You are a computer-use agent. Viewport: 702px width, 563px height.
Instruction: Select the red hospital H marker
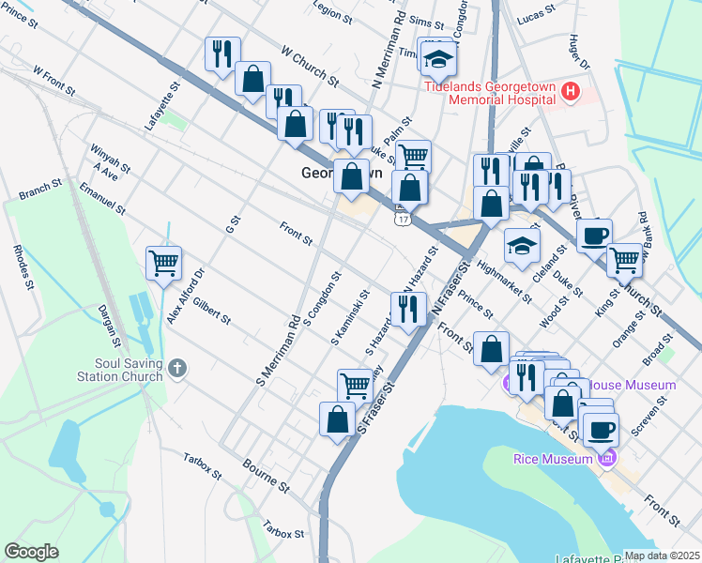tap(571, 92)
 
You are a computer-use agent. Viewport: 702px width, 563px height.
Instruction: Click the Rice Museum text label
tap(553, 459)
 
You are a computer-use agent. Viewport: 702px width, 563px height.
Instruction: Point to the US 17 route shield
tap(402, 217)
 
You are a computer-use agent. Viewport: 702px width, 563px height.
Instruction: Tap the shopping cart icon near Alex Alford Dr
tap(163, 262)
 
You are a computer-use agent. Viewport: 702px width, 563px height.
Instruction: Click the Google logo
tap(31, 551)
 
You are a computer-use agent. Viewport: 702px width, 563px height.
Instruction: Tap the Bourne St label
tap(266, 475)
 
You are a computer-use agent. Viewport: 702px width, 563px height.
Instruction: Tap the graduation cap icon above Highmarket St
tap(522, 245)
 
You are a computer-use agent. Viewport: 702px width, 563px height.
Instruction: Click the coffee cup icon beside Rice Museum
tap(601, 429)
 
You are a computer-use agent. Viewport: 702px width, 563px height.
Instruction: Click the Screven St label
tap(649, 414)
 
